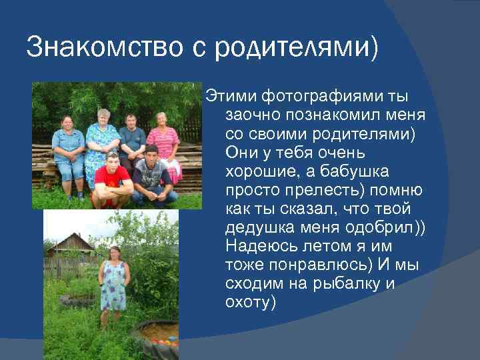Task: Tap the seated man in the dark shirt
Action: [132, 140]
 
